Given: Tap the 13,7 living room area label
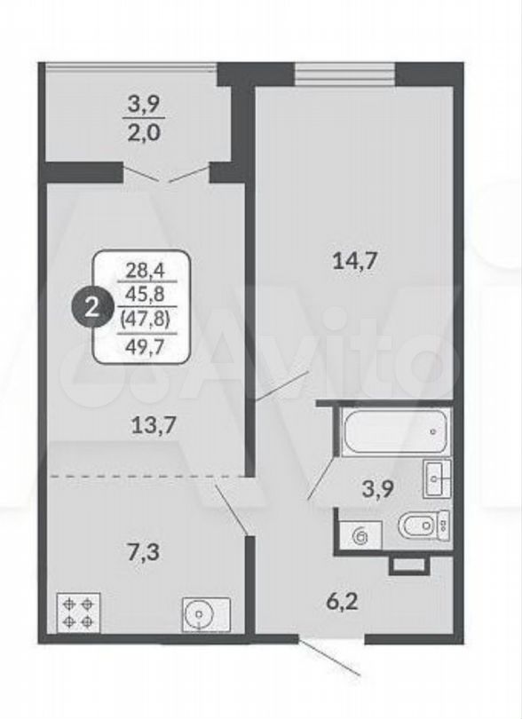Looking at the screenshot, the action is (x=154, y=426).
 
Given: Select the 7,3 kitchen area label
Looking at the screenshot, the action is (x=143, y=552).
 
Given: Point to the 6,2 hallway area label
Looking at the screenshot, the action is (x=342, y=601).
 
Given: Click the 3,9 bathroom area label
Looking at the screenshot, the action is (x=378, y=490).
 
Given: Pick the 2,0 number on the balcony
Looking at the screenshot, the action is (x=145, y=133).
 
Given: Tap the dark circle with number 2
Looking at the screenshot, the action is (x=92, y=308).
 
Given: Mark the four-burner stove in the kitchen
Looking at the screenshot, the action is (x=78, y=612).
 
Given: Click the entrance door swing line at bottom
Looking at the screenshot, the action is (x=328, y=658).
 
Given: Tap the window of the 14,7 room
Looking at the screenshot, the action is (x=344, y=75).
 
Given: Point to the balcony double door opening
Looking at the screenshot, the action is (x=166, y=173).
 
